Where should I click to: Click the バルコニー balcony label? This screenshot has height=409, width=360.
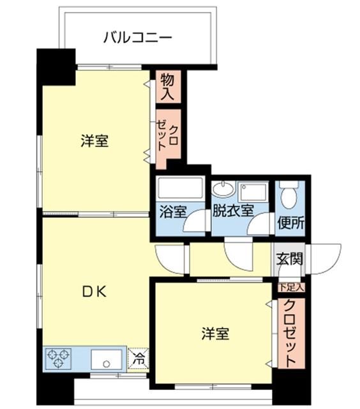[138, 38]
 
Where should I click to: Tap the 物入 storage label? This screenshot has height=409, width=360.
[167, 87]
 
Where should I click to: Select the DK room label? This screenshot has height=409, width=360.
[94, 291]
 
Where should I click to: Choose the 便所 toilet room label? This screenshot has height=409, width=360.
[290, 224]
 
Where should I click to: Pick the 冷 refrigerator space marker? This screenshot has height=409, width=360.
[139, 359]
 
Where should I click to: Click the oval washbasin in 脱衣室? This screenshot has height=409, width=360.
[223, 189]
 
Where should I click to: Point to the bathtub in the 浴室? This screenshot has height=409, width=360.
[180, 190]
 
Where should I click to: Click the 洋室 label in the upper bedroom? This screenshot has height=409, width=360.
[94, 141]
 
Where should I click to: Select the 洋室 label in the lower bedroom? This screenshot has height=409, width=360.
[216, 334]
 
